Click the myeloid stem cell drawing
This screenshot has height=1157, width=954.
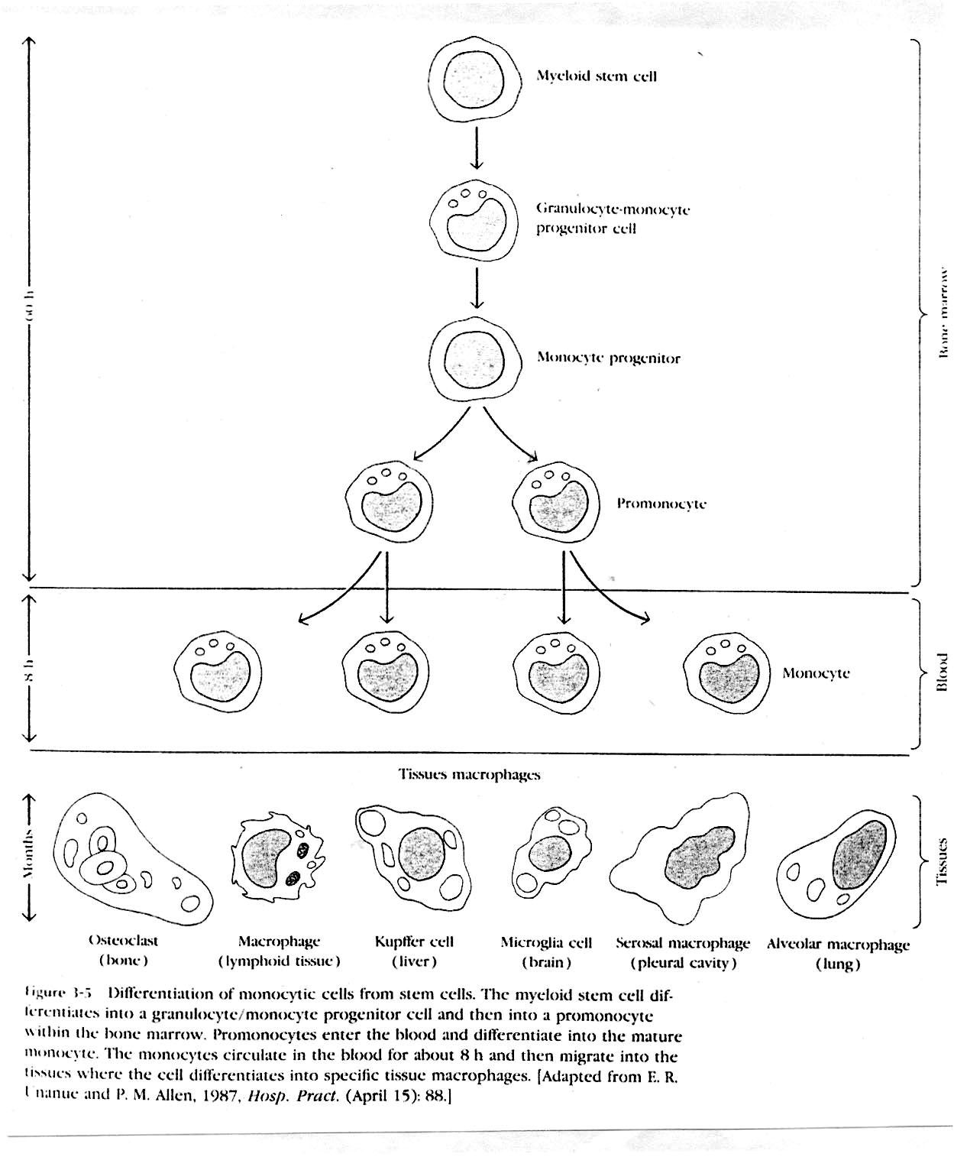pyautogui.click(x=475, y=79)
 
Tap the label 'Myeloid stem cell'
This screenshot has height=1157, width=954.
pyautogui.click(x=596, y=76)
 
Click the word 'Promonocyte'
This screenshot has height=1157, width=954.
pyautogui.click(x=661, y=504)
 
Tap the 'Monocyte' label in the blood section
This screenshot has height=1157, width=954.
pyautogui.click(x=816, y=673)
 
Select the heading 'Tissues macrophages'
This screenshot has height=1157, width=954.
pyautogui.click(x=469, y=774)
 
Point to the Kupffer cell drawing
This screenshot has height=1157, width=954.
pyautogui.click(x=412, y=854)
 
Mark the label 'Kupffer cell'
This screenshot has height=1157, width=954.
pyautogui.click(x=414, y=942)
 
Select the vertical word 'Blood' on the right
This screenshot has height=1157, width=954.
pyautogui.click(x=943, y=672)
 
